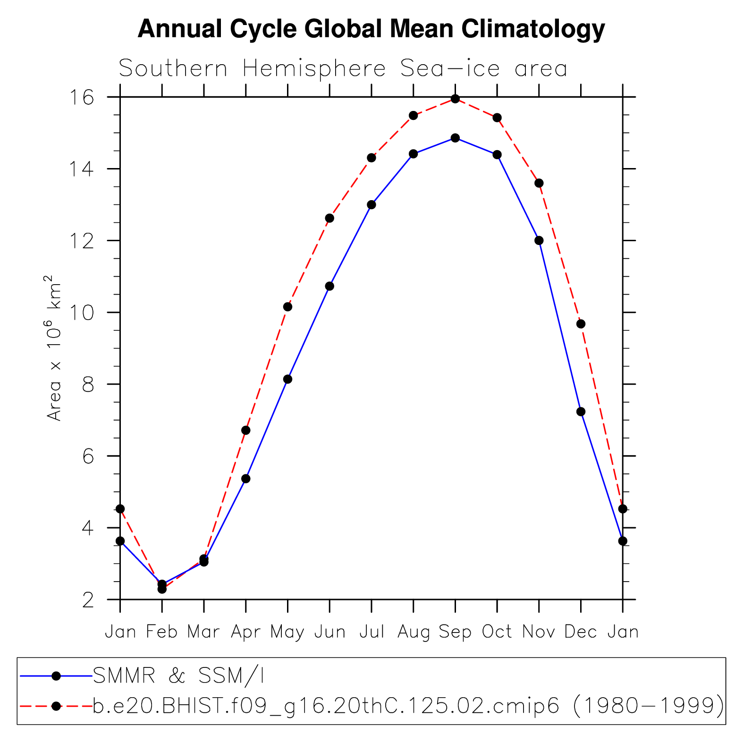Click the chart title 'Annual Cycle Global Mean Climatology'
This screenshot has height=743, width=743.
[x=371, y=29]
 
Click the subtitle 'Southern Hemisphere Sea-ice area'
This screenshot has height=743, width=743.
[x=343, y=69]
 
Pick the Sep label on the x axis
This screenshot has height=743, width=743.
[x=455, y=632]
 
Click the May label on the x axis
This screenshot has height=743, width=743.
[x=287, y=632]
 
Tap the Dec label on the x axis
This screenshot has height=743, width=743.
[x=581, y=632]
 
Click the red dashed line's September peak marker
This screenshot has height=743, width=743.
[x=455, y=99]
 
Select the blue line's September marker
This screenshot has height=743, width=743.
[x=455, y=138]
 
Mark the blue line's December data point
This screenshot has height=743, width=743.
[x=581, y=412]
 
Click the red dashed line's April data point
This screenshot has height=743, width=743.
[x=245, y=430]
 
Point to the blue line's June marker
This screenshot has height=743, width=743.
[x=329, y=286]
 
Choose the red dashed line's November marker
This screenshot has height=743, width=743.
[x=539, y=183]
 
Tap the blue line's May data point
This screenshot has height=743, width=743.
[x=287, y=379]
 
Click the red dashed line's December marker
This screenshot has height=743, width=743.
[x=581, y=324]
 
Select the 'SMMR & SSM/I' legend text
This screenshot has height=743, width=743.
[x=178, y=676]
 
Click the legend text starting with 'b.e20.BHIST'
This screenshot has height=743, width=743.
[x=408, y=706]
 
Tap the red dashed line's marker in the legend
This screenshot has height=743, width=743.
[x=56, y=706]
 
